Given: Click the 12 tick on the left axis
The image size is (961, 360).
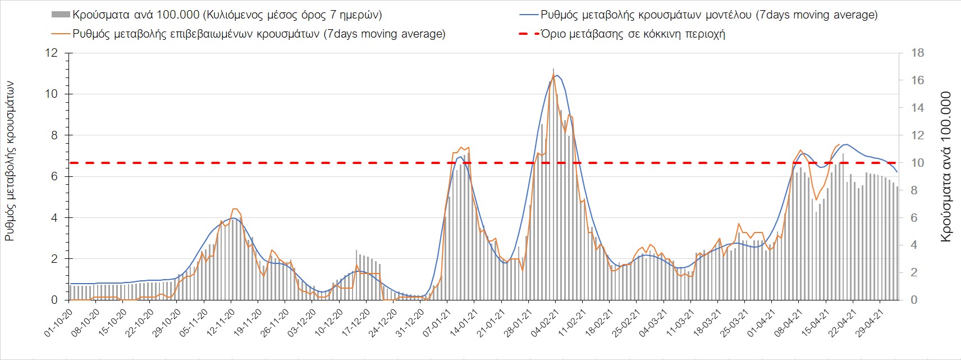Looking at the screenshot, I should [x=52, y=53].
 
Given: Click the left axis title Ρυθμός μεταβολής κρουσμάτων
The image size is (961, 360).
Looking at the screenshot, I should [x=10, y=162].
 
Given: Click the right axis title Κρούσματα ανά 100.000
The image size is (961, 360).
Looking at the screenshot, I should [x=946, y=167].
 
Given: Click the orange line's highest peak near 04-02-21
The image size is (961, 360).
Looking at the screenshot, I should [x=554, y=75].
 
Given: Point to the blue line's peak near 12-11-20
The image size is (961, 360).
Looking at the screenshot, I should [x=232, y=218].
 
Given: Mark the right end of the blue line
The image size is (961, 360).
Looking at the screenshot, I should [x=897, y=172].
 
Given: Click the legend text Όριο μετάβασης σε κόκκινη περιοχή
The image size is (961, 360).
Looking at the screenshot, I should [x=633, y=34].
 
